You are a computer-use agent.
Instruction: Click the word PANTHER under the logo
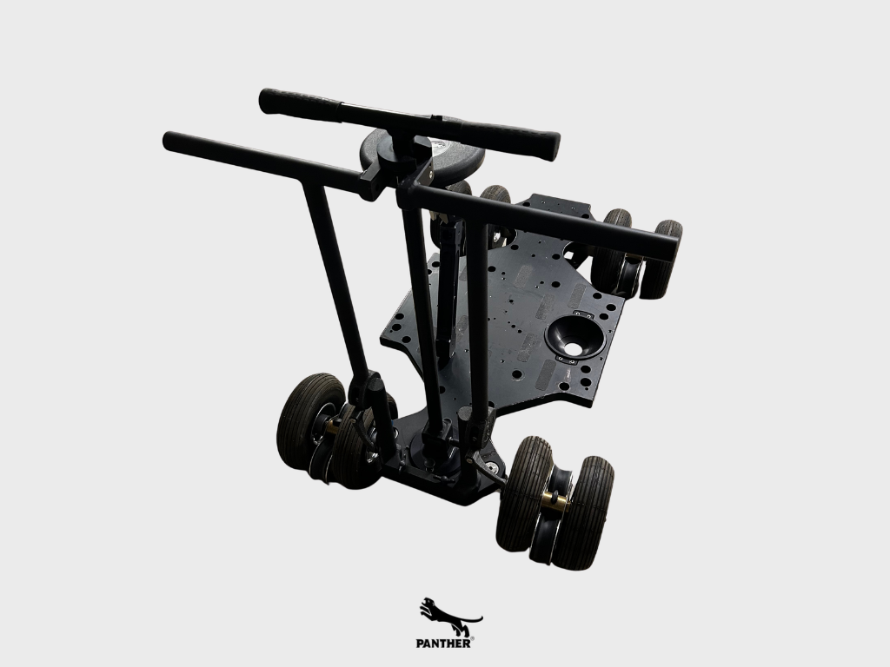pyautogui.click(x=442, y=644)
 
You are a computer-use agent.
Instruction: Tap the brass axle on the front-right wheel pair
pyautogui.click(x=555, y=501)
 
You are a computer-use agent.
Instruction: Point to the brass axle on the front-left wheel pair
pyautogui.click(x=331, y=426)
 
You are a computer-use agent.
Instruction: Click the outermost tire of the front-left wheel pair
pyautogui.click(x=309, y=421)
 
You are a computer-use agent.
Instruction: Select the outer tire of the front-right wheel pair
pyautogui.click(x=581, y=513)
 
